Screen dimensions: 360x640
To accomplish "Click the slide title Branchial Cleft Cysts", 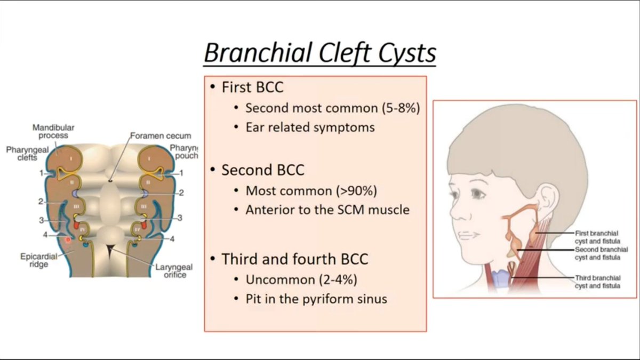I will tap(320, 53).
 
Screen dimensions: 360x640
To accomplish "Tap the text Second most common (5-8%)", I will tap(333, 108).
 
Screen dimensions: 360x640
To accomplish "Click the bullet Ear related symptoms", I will tap(310, 127).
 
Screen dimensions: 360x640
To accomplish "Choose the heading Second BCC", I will tap(263, 170).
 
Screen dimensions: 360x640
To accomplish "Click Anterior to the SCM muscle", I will tap(327, 210).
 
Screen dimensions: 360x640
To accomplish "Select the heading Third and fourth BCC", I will tap(295, 259).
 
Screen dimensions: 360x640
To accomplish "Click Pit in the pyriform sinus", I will tap(316, 299).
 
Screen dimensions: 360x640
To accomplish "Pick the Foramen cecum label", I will tap(161, 136).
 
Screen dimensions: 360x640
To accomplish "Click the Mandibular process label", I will tap(53, 132).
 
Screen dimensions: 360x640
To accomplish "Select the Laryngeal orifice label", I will tap(174, 271).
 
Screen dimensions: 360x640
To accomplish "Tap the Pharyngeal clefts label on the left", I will tap(21, 154).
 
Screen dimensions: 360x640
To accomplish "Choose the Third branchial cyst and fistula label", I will tap(597, 282).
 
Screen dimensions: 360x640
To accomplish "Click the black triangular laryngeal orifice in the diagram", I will tap(110, 249).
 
